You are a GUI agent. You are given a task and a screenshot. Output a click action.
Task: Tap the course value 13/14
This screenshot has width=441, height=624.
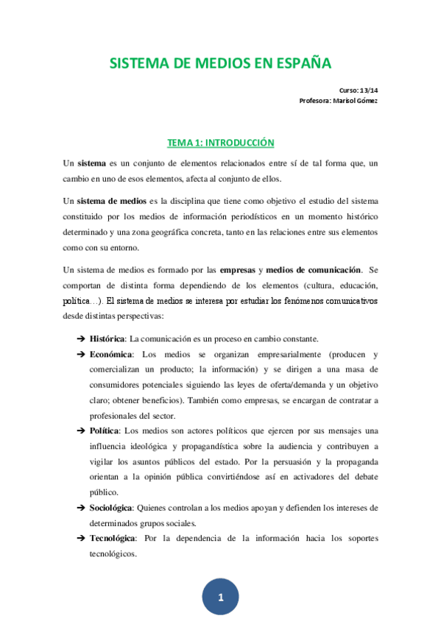pos(367,90)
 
